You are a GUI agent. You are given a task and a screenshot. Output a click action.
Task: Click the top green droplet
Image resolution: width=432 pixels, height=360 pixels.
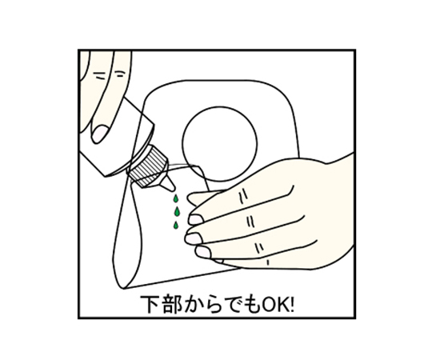pyautogui.click(x=175, y=198)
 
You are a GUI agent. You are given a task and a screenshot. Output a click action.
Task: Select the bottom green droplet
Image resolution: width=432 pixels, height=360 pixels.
pyautogui.click(x=175, y=226)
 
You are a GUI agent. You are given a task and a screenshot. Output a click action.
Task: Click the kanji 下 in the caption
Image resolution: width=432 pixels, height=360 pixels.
pyautogui.click(x=150, y=304)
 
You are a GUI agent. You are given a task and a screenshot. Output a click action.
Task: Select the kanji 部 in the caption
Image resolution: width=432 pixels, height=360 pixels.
pyautogui.click(x=172, y=304)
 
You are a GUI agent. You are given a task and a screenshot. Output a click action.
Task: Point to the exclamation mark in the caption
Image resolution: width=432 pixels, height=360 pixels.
pyautogui.click(x=292, y=304)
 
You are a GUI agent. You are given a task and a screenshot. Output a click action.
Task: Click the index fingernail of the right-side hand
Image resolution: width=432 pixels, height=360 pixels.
pyautogui.click(x=196, y=219)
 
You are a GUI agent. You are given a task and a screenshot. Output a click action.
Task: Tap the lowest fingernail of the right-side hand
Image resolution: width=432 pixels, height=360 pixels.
pyautogui.click(x=202, y=252)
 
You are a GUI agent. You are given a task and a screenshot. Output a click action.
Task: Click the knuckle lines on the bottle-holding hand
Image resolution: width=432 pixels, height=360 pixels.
pyautogui.click(x=109, y=75)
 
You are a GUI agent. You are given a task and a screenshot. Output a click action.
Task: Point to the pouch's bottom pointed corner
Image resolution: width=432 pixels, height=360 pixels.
pyautogui.click(x=123, y=289)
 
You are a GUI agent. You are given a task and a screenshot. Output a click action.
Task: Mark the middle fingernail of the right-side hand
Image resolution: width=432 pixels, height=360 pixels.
pyautogui.click(x=194, y=238)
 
